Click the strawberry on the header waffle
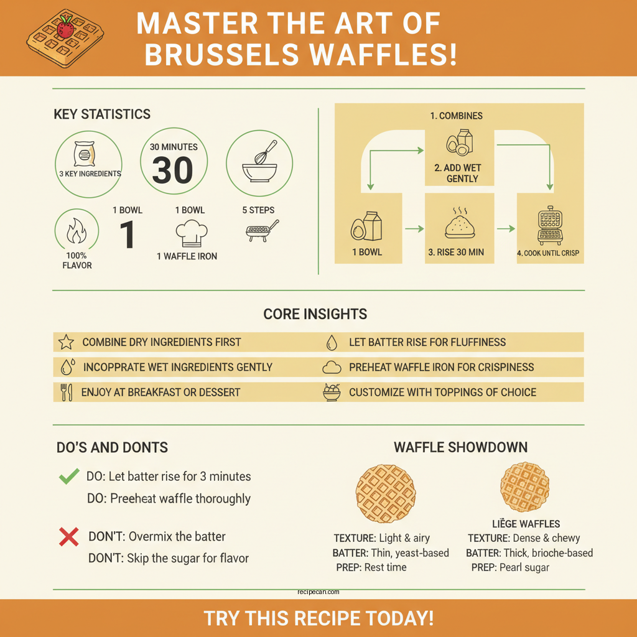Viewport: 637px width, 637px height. pos(65,27)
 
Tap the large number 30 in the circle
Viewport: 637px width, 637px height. pos(172,170)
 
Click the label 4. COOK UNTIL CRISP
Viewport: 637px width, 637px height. pos(548,253)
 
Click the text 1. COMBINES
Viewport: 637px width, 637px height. pos(456,116)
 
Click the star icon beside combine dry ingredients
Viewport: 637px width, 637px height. pos(66,342)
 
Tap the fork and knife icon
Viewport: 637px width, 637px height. pos(67,393)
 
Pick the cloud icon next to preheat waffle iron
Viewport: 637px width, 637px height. pos(332,368)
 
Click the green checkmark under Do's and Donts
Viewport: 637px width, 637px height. pos(68,477)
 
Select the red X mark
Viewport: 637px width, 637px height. pos(68,536)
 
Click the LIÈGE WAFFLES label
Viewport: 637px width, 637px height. pos(526,524)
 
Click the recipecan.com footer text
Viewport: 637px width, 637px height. pos(318,593)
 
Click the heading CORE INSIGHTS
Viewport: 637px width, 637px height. pos(315,314)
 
